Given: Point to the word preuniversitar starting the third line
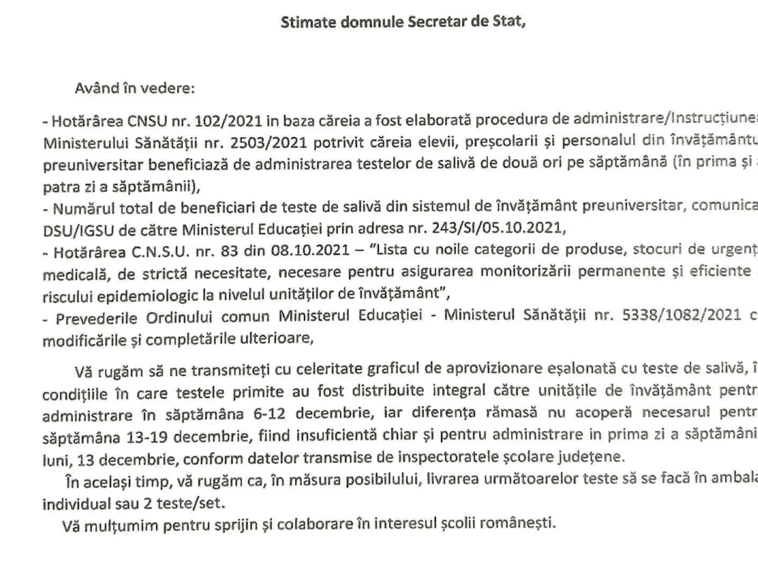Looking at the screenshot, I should coord(85,165).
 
